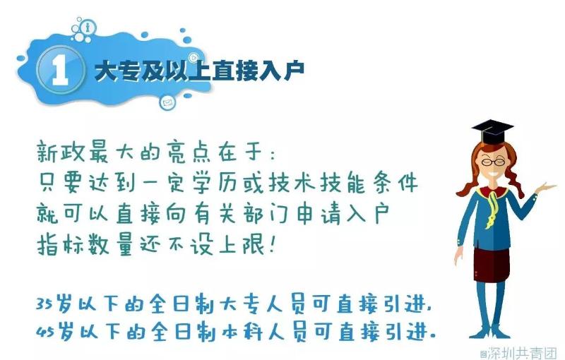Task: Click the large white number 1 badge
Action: pyautogui.click(x=61, y=69)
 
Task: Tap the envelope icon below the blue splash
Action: pyautogui.click(x=167, y=102)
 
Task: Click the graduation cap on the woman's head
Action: pyautogui.click(x=492, y=132)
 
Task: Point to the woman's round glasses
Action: pyautogui.click(x=493, y=162)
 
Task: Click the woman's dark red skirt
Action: pyautogui.click(x=492, y=264)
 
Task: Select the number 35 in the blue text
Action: pyautogui.click(x=44, y=304)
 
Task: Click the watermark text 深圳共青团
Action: pyautogui.click(x=522, y=353)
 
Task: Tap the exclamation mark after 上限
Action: pyautogui.click(x=271, y=244)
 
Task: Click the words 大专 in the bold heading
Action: pyautogui.click(x=116, y=71)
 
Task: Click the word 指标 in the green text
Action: pyautogui.click(x=59, y=244)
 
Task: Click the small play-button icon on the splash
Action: pyautogui.click(x=194, y=58)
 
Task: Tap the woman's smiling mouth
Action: pyautogui.click(x=493, y=173)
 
